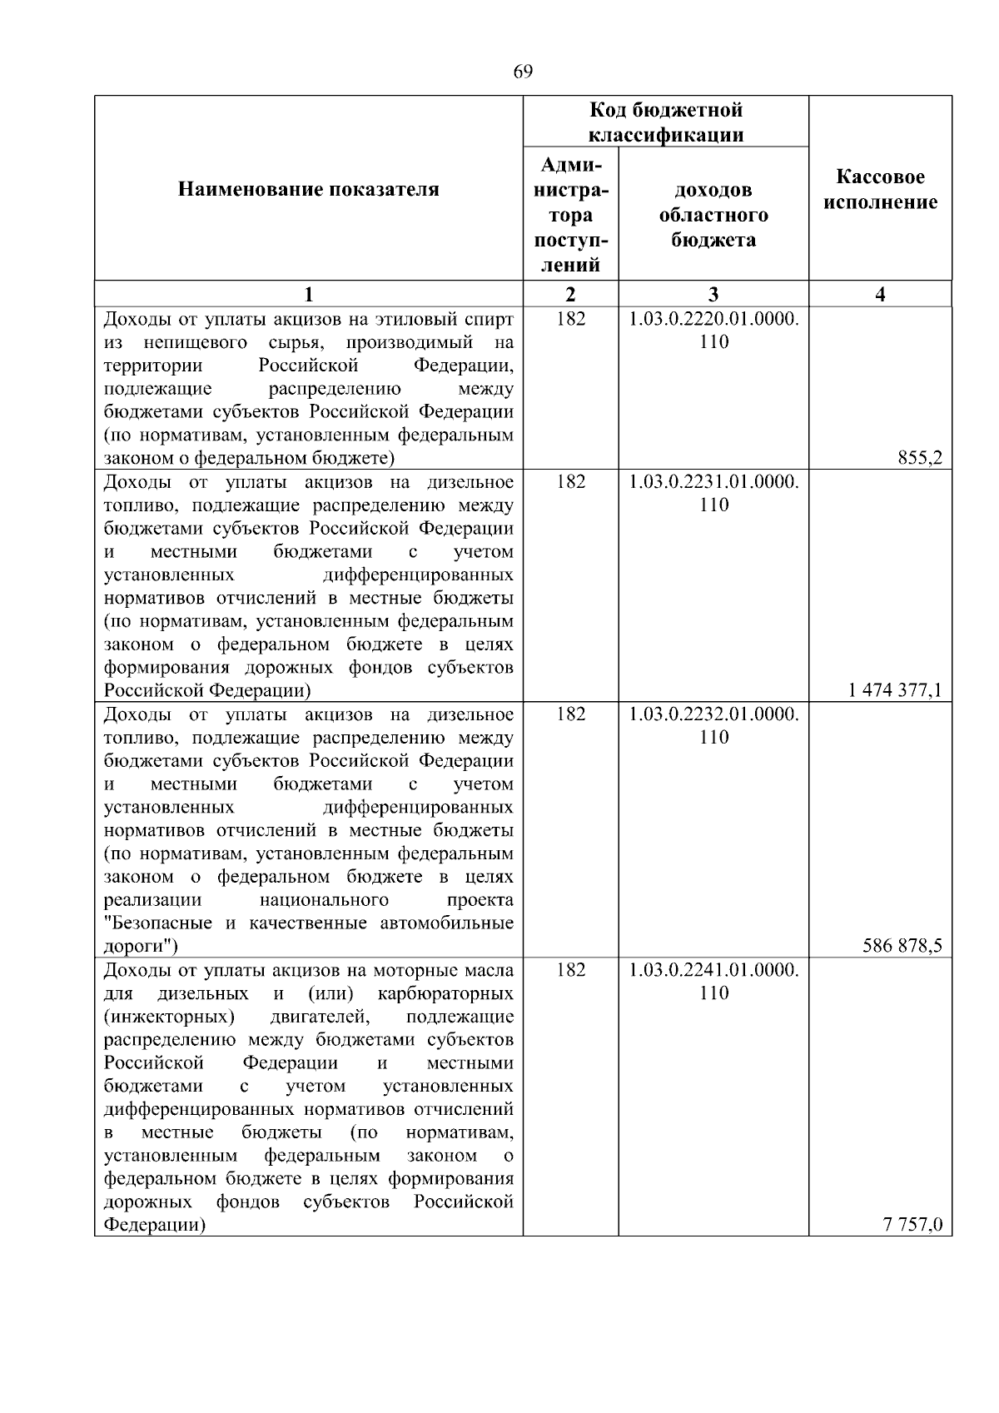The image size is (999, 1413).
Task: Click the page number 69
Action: [522, 72]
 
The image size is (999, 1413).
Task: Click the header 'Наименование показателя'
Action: [308, 190]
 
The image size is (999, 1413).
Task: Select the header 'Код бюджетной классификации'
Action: [666, 122]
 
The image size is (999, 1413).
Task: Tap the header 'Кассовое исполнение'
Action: [880, 190]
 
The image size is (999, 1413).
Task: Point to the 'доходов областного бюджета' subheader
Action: [713, 215]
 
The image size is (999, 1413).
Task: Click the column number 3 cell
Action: [713, 294]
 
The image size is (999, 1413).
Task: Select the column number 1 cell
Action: [308, 294]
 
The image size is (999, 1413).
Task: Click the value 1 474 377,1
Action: [895, 691]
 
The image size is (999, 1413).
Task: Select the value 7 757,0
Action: [913, 1225]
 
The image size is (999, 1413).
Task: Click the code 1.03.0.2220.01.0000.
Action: [713, 319]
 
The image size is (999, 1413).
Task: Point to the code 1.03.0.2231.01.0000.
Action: [713, 482]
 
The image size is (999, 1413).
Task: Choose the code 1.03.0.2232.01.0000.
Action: [713, 714]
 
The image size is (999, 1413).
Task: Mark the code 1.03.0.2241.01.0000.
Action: [713, 970]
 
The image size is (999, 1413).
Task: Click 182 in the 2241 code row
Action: [570, 970]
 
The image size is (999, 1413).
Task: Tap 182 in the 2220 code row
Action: [570, 319]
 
